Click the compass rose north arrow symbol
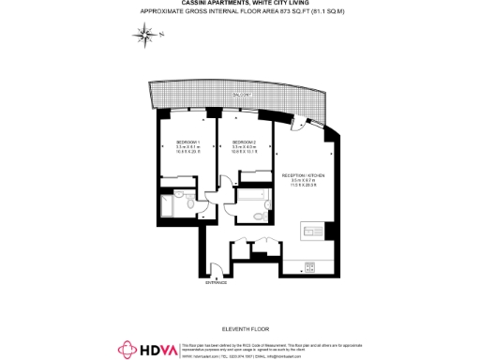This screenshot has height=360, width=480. (146, 36)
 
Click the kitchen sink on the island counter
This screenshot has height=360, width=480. (308, 231)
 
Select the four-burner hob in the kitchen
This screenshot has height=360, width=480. (330, 231)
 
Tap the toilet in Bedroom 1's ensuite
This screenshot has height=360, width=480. (189, 204)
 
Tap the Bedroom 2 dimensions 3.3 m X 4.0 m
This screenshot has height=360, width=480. (245, 147)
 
